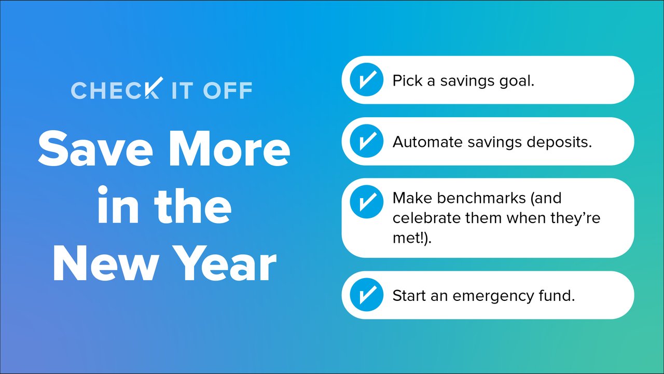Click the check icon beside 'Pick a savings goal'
coord(366,80)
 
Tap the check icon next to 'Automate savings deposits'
coord(366,141)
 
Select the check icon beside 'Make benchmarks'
coord(366,202)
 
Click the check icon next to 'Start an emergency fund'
coord(366,295)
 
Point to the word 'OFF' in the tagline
coord(228,90)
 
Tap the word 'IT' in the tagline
coord(183,90)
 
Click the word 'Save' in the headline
coord(95,149)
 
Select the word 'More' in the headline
coord(229,149)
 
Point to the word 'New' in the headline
coord(105,263)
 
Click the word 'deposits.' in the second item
coord(559,142)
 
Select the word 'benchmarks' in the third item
coord(481,198)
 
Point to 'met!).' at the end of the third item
coord(412,238)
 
